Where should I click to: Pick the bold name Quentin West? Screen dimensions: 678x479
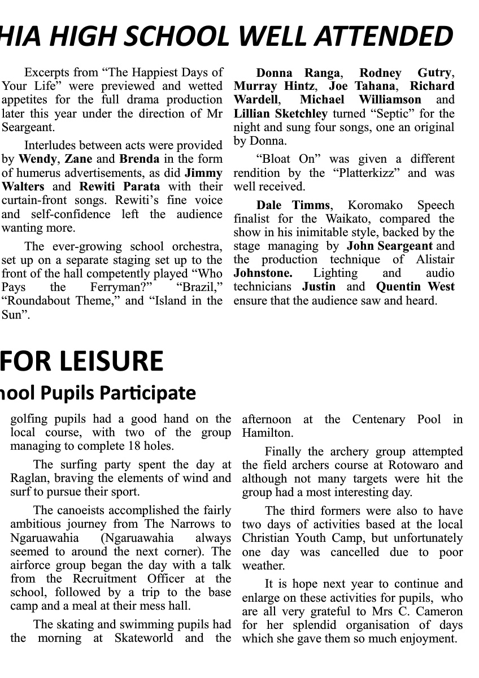pyautogui.click(x=415, y=286)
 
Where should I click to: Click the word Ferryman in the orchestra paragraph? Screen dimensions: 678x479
pyautogui.click(x=125, y=287)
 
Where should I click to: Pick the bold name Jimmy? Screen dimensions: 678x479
pyautogui.click(x=203, y=173)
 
